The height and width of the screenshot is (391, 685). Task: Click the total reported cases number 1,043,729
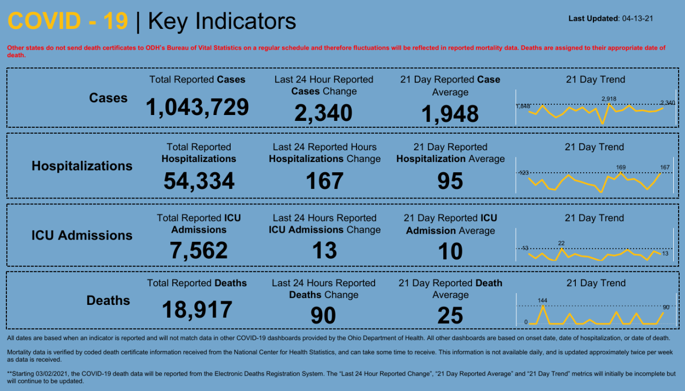197,107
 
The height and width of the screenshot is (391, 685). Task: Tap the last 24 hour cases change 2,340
323,113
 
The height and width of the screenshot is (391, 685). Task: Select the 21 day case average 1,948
450,113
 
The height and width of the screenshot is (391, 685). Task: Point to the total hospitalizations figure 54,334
199,181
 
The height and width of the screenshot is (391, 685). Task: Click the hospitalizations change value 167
324,181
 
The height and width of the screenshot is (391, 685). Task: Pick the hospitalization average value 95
450,181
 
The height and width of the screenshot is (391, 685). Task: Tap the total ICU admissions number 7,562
199,250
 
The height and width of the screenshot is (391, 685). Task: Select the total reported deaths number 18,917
197,310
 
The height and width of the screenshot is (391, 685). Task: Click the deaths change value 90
323,316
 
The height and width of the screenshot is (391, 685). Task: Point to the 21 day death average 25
450,316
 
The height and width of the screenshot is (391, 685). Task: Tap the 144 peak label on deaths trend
543,300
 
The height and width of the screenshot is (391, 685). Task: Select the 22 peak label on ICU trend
561,243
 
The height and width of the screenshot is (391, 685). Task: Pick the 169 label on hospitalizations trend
621,167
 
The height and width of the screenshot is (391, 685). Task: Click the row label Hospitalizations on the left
82,166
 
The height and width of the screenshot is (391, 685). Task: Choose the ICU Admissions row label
82,235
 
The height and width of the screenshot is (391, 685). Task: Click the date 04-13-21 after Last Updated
637,18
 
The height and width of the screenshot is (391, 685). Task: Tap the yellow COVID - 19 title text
68,21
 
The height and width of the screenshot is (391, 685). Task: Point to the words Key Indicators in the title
222,21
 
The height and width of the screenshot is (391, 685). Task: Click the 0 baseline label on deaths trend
526,322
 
